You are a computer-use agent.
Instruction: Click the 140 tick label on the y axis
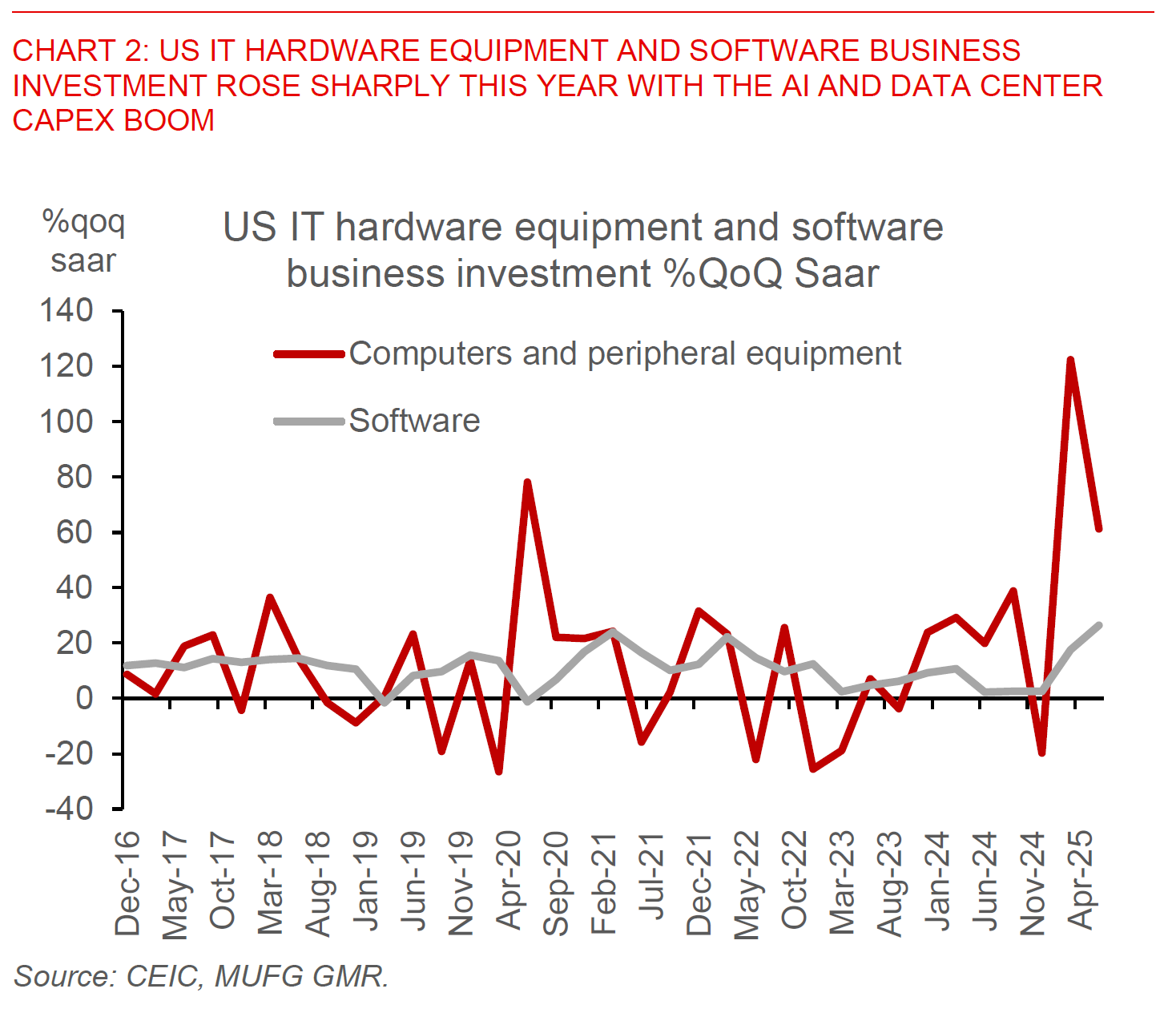[66, 310]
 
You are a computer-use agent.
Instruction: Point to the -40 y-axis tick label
[69, 808]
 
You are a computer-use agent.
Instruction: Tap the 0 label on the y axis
[83, 698]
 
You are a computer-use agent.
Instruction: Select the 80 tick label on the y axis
[75, 477]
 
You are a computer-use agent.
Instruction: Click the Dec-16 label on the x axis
[127, 883]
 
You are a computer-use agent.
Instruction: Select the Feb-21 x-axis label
[604, 882]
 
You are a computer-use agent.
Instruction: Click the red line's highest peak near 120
[1070, 360]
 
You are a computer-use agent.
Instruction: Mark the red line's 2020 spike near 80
[527, 482]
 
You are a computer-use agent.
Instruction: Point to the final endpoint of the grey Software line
[1099, 625]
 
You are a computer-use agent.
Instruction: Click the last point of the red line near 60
[1099, 529]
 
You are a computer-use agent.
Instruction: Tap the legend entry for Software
[414, 421]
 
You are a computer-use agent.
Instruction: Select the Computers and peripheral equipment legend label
[625, 353]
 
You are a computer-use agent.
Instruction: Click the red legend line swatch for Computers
[309, 353]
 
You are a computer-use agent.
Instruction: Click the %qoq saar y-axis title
[83, 240]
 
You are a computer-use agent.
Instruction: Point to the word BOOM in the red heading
[168, 120]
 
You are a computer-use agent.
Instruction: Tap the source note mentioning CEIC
[200, 976]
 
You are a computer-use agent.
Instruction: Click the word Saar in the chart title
[837, 273]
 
